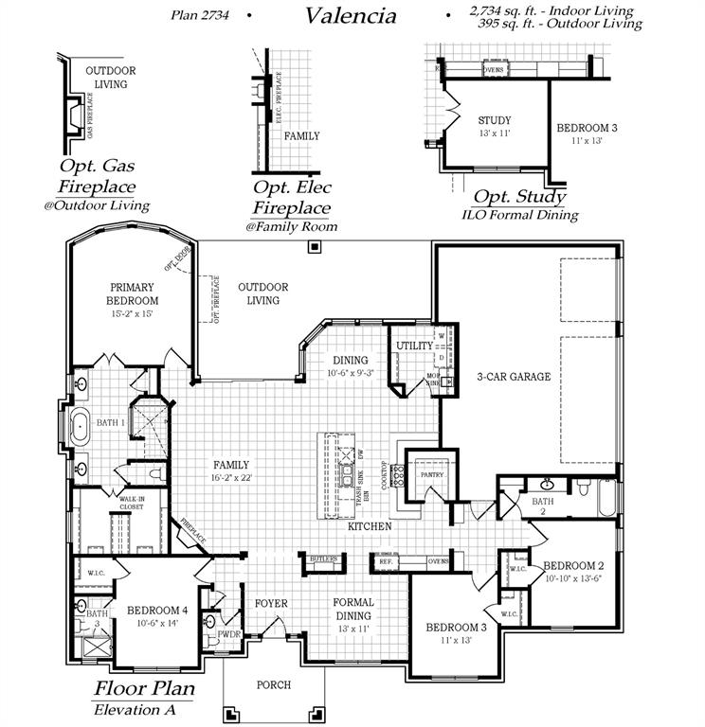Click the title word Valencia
tap(351, 15)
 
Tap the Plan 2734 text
tap(204, 15)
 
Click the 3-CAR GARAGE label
tap(515, 377)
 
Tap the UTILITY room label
tap(414, 346)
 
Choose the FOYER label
tap(272, 603)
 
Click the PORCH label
tap(275, 684)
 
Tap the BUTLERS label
tap(322, 560)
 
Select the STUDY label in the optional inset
tap(495, 120)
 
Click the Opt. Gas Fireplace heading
tap(97, 176)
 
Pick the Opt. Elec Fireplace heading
tap(291, 197)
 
